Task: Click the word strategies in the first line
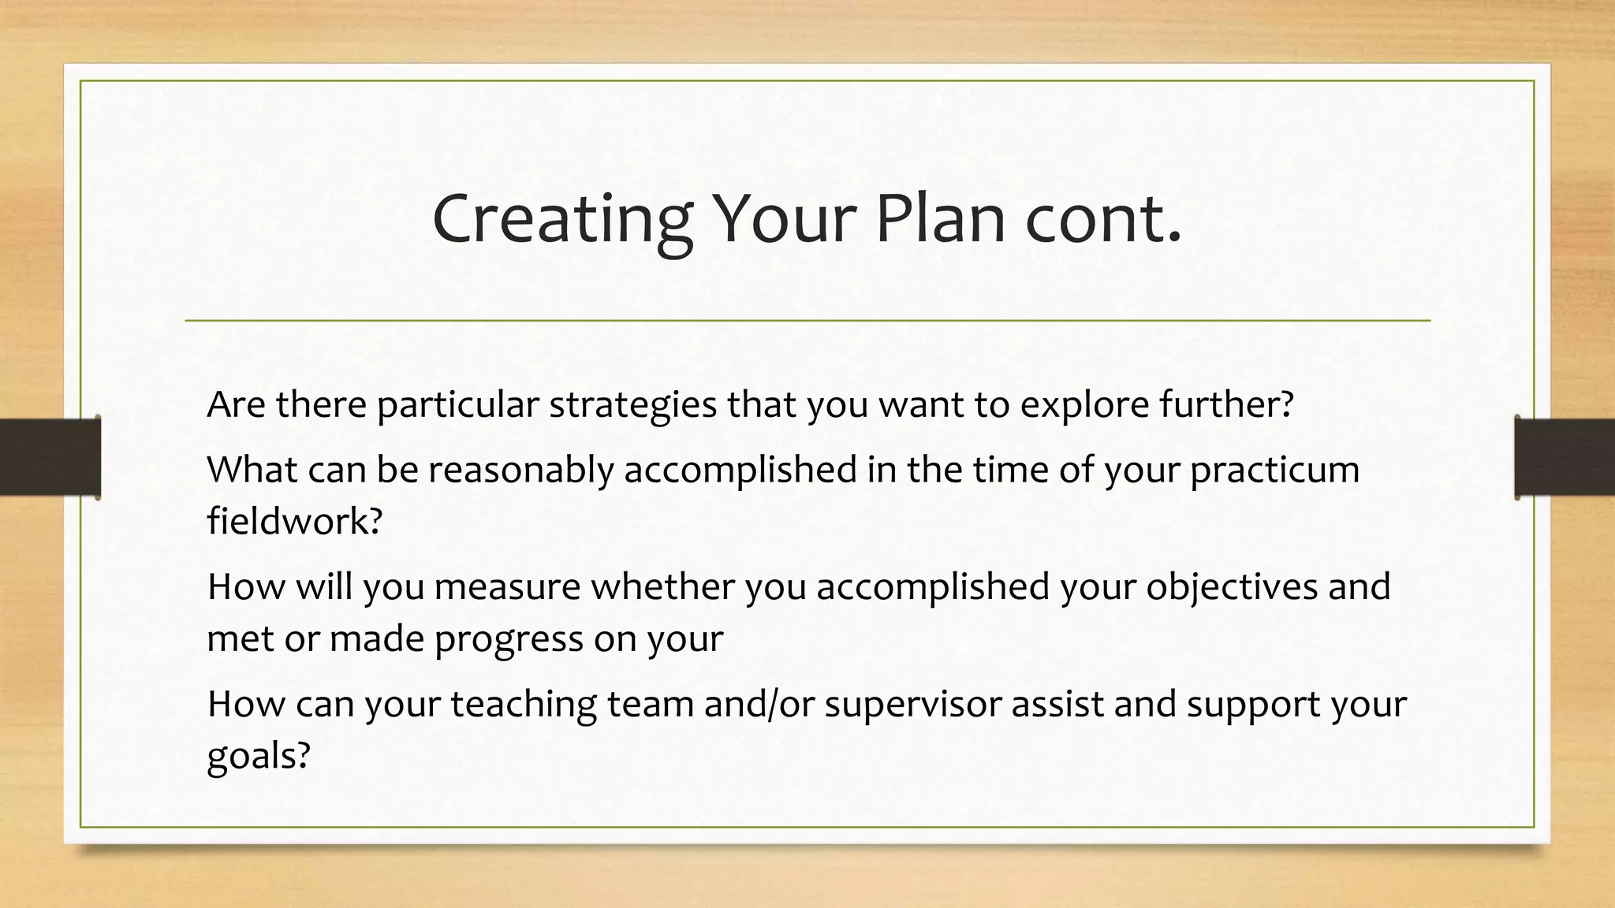click(632, 406)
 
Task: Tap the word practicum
click(1274, 471)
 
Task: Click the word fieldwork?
click(294, 521)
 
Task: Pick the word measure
click(507, 587)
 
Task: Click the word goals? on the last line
click(259, 757)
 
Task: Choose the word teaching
click(524, 705)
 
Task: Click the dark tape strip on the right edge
click(1565, 457)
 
